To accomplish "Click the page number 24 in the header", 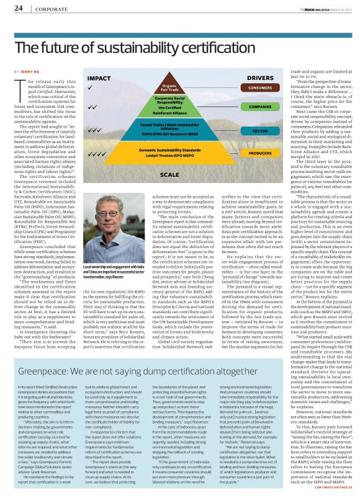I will pyautogui.click(x=18, y=8).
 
